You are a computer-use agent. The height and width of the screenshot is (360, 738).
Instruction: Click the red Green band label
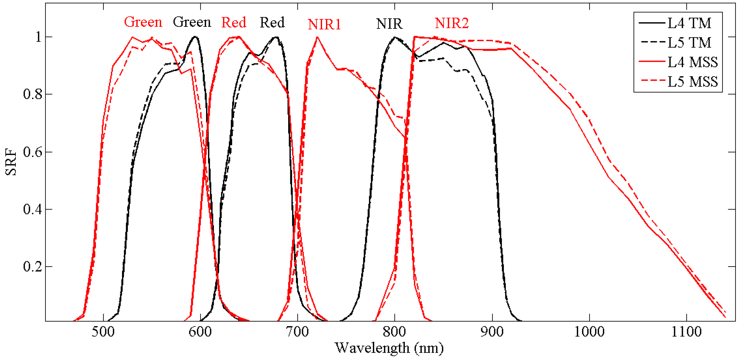coord(143,22)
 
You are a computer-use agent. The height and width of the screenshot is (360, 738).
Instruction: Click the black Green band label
coord(192,22)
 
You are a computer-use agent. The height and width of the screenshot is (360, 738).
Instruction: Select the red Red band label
coord(234,22)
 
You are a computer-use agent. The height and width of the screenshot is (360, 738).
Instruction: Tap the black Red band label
coord(272,22)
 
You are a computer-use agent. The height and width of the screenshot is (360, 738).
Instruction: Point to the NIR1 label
coord(324,24)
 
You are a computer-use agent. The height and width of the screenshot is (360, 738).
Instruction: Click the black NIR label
coord(389,24)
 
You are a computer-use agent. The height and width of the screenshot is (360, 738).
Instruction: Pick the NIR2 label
coord(451,23)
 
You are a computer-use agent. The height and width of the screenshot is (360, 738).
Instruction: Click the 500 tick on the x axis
coord(103,332)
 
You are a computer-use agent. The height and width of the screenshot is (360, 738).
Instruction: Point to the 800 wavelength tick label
coord(395,332)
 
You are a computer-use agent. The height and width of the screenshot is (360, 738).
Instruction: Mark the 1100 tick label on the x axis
coord(686,332)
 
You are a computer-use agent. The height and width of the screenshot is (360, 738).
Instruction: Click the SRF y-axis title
coord(11,162)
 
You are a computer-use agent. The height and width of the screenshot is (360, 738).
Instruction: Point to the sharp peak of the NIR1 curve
coord(317,37)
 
